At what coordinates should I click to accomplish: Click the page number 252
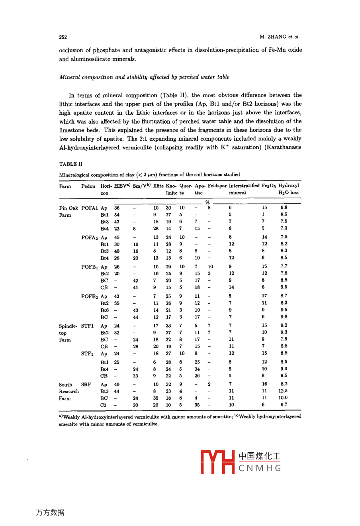63,37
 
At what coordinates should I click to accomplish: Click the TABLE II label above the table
71,164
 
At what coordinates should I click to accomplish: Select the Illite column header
158,186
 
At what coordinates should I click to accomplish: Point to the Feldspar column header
217,186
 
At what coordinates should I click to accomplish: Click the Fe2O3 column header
269,186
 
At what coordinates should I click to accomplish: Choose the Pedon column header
88,186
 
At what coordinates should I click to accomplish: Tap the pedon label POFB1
89,267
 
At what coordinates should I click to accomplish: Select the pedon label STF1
88,326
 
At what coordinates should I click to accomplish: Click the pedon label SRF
86,385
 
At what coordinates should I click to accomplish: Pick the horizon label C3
103,405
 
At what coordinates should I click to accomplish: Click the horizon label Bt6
104,310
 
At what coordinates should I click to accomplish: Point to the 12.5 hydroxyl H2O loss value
283,391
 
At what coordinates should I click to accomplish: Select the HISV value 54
117,215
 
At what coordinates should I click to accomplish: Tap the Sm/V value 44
135,317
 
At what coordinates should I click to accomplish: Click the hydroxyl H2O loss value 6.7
284,404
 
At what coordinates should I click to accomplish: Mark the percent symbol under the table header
207,202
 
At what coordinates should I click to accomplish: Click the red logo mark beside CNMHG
217,462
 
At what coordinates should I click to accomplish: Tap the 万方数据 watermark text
50,512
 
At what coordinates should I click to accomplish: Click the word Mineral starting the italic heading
70,77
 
